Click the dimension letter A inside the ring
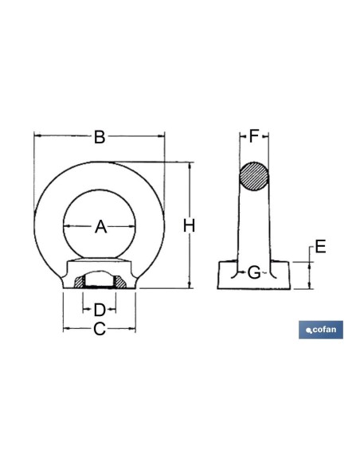pos(101,227)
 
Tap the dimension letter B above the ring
pos(100,137)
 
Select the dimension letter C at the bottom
pos(100,329)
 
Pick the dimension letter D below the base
pos(100,310)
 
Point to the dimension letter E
pos(320,247)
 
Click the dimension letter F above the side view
pos(254,136)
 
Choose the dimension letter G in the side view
pos(254,272)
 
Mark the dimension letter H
pos(190,225)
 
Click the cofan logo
pos(321,330)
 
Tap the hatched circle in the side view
pos(254,177)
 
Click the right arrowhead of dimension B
pos(162,136)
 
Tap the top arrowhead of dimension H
pos(190,166)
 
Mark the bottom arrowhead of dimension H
pos(190,285)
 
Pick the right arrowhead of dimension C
pos(132,328)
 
